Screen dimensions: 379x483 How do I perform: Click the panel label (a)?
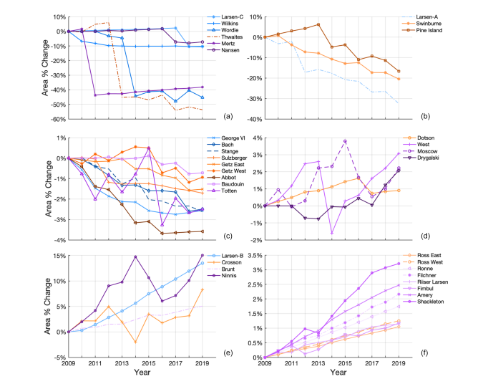(x=228, y=117)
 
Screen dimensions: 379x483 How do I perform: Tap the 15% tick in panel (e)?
(x=59, y=256)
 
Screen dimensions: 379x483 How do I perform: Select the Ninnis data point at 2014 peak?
(x=135, y=256)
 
